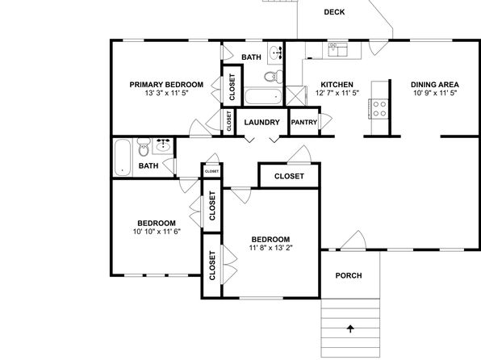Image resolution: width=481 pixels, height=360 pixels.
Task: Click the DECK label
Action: pos(334,12)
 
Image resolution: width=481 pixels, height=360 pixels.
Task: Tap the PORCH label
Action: pos(349,275)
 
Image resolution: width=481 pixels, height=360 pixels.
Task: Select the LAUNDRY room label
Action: pos(262,122)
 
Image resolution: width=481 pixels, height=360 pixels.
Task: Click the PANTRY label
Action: pos(304,122)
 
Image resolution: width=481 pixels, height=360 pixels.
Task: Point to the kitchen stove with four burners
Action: pos(379,109)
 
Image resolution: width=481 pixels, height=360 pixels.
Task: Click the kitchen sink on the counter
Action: pos(337,50)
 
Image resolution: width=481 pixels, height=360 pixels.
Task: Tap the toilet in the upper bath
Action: pos(274,76)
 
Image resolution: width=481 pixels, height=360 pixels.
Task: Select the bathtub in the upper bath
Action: pos(263,97)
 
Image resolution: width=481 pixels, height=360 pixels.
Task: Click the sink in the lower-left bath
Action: pos(164,144)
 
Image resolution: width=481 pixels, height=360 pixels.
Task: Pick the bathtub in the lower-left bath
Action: pos(123,157)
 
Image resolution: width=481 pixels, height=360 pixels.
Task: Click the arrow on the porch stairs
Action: pos(350,329)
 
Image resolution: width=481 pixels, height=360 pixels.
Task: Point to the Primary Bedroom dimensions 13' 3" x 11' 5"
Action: pos(166,93)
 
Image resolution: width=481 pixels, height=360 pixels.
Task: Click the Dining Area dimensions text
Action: pos(435,93)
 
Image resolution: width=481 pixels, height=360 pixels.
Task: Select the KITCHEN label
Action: pos(337,85)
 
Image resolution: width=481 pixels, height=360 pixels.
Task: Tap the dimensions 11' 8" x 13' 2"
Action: pos(271,248)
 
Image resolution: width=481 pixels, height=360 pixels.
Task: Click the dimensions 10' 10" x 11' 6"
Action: pos(157,232)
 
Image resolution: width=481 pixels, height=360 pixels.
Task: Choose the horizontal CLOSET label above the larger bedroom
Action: pos(289,176)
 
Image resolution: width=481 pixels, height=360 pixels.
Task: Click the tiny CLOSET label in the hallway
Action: pos(211,171)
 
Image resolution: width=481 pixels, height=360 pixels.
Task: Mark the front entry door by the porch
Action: pos(353,241)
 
